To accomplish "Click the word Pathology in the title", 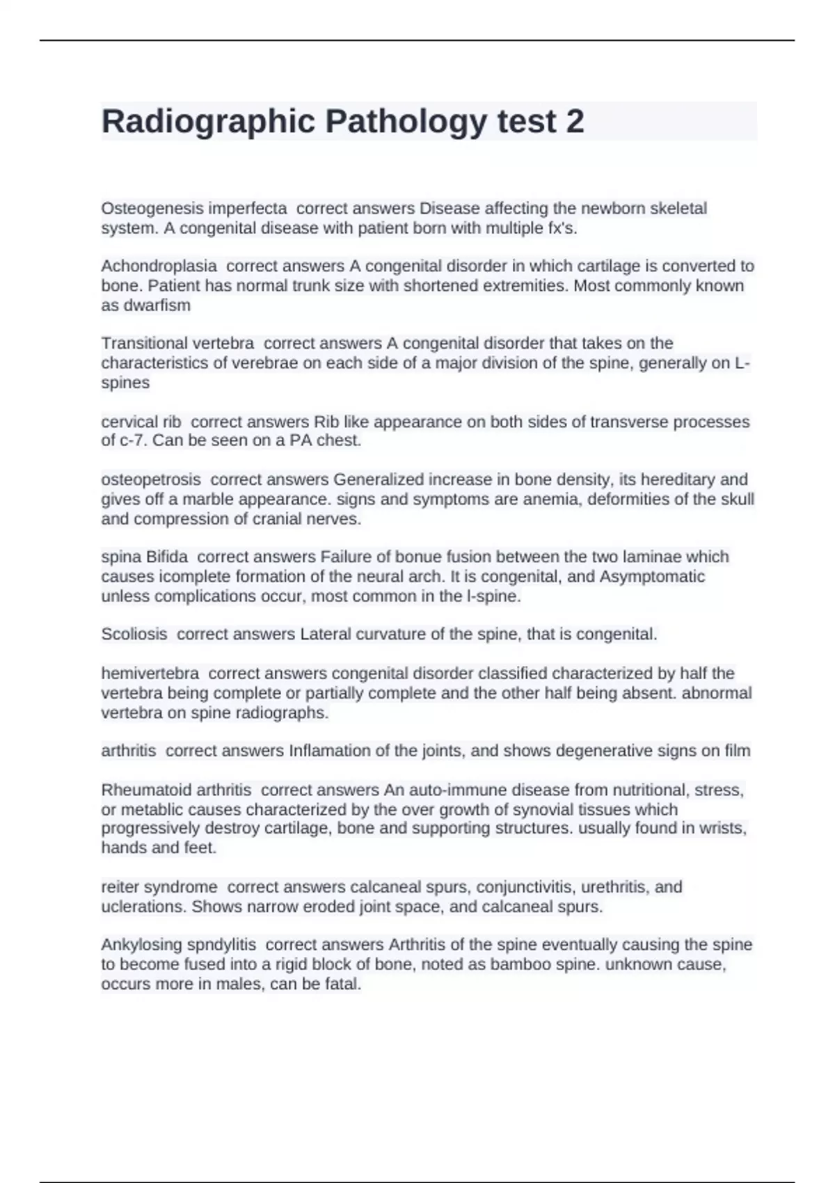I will pyautogui.click(x=406, y=122).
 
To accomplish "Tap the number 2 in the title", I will pyautogui.click(x=575, y=122).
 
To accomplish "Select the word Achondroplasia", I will pyautogui.click(x=159, y=266).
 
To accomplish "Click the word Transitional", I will pyautogui.click(x=144, y=343).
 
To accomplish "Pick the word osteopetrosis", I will pyautogui.click(x=150, y=479).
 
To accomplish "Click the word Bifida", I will pyautogui.click(x=166, y=557).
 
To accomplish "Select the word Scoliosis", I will pyautogui.click(x=134, y=634).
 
